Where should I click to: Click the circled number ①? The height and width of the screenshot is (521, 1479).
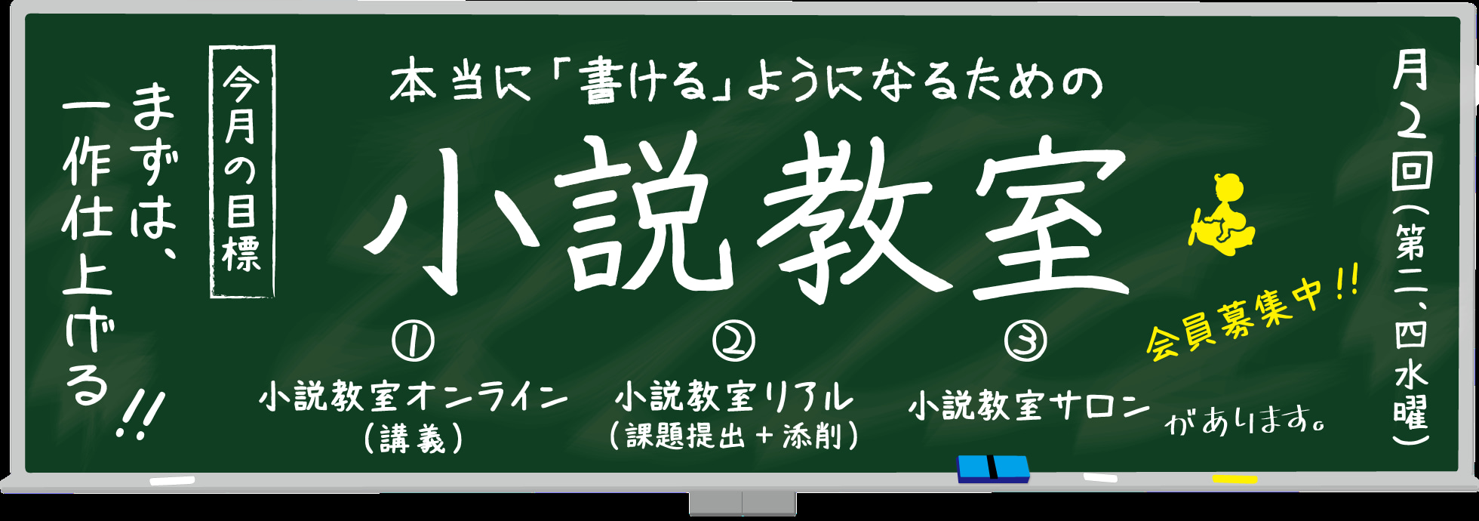point(413,341)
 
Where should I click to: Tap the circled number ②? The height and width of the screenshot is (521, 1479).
point(733,341)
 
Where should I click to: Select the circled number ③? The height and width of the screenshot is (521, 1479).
point(1025,341)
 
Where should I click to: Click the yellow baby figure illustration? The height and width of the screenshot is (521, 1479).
point(1222,216)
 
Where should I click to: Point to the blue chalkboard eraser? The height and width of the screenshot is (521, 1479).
point(993,468)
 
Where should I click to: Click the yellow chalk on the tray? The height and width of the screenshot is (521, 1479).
point(1235,479)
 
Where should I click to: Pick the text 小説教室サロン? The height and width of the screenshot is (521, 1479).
point(1028,406)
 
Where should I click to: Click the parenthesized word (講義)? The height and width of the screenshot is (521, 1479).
point(413,439)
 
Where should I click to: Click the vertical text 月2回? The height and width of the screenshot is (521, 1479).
point(1410,121)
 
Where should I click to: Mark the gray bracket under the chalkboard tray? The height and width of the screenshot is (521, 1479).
point(743,504)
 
